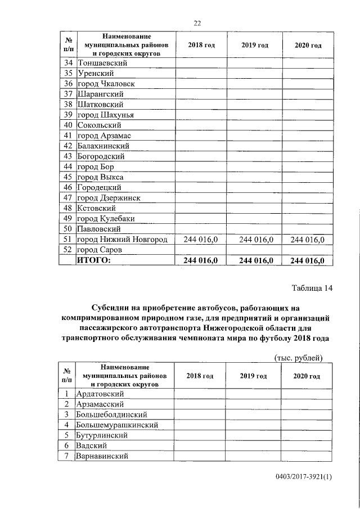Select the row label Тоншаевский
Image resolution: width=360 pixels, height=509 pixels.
pyautogui.click(x=102, y=63)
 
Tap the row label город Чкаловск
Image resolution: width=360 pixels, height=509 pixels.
pyautogui.click(x=106, y=84)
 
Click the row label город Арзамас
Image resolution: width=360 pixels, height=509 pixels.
pyautogui.click(x=105, y=136)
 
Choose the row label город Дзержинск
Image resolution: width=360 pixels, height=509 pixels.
pyautogui.click(x=109, y=198)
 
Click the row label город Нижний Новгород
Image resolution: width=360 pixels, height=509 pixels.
pyautogui.click(x=122, y=240)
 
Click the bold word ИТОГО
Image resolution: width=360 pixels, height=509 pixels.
pyautogui.click(x=94, y=260)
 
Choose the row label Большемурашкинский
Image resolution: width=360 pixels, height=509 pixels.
pyautogui.click(x=117, y=425)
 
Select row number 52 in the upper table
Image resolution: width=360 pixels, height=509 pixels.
pyautogui.click(x=68, y=250)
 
